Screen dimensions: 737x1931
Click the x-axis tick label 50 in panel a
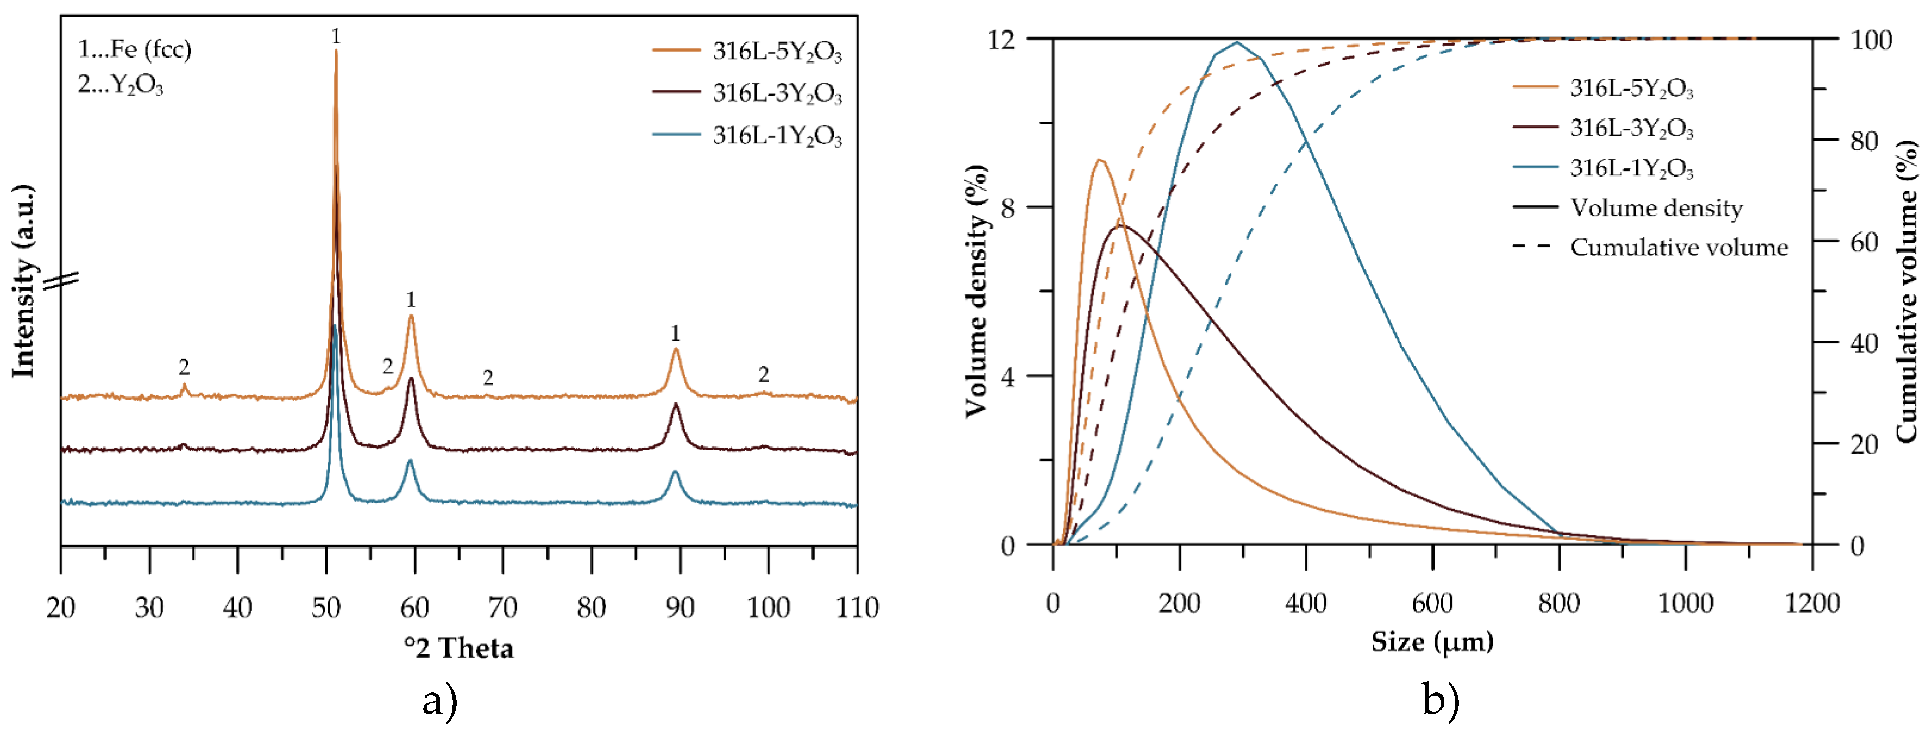click(x=326, y=607)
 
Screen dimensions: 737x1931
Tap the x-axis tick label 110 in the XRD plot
click(x=857, y=607)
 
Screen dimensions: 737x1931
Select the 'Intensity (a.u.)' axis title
click(x=24, y=281)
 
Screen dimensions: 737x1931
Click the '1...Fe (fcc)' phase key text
click(x=135, y=50)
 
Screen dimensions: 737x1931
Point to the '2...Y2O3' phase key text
click(x=121, y=85)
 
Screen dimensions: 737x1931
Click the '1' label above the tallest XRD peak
click(x=336, y=36)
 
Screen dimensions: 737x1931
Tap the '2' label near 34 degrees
click(x=184, y=367)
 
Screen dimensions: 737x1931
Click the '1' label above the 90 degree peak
click(x=675, y=333)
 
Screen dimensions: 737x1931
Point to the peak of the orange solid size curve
click(x=1100, y=160)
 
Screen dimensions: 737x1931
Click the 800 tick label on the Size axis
click(x=1559, y=603)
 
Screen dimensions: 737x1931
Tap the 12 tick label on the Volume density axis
click(x=1002, y=39)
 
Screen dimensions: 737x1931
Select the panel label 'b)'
click(x=1441, y=701)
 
